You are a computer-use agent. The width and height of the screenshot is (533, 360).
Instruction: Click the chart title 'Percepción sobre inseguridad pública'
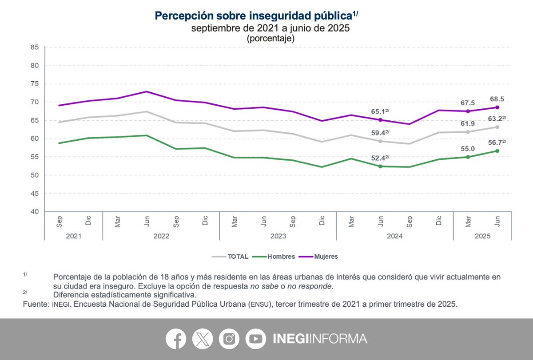click(x=253, y=16)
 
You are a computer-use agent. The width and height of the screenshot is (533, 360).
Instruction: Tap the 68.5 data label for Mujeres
click(x=497, y=99)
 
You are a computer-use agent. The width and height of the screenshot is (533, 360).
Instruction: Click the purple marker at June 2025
click(x=497, y=107)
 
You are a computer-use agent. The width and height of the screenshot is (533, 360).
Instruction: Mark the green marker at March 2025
click(x=468, y=157)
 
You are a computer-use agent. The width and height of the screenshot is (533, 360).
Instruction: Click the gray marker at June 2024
click(x=380, y=141)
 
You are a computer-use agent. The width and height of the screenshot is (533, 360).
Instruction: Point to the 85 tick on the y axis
click(x=36, y=47)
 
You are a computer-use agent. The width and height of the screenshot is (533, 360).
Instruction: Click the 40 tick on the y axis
click(x=36, y=212)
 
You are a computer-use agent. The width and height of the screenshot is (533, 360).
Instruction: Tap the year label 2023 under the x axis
click(x=278, y=236)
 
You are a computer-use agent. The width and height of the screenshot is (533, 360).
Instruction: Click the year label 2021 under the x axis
click(x=73, y=236)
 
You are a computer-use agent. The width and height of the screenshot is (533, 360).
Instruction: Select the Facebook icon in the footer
click(x=176, y=339)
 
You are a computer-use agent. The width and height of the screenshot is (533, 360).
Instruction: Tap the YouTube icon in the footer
click(x=255, y=339)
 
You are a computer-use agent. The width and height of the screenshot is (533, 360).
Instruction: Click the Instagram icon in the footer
click(x=229, y=339)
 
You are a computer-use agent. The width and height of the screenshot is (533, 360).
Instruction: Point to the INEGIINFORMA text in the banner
click(x=320, y=339)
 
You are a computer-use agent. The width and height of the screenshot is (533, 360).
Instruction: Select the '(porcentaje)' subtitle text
click(x=270, y=39)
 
